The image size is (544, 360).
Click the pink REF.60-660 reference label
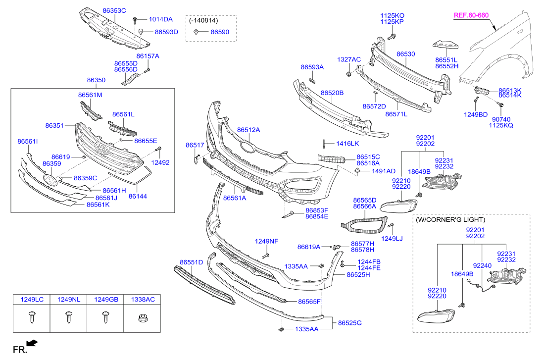point(471,15)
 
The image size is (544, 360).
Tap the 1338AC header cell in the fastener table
point(143,300)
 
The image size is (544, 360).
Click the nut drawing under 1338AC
point(143,317)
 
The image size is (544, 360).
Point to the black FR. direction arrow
point(32,343)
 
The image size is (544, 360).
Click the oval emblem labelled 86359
point(50,180)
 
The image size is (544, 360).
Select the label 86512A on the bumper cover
point(248,130)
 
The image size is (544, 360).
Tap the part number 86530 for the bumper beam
point(405,53)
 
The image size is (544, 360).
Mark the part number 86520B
point(332,93)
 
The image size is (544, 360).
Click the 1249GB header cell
point(106,300)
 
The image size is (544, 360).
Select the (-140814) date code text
point(202,21)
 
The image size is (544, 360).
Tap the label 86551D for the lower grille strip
point(191,261)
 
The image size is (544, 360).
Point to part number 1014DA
point(161,19)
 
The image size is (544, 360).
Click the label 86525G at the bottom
point(350,323)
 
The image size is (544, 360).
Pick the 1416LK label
point(347,144)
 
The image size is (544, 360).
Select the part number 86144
point(138,196)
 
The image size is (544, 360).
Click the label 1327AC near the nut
point(349,59)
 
